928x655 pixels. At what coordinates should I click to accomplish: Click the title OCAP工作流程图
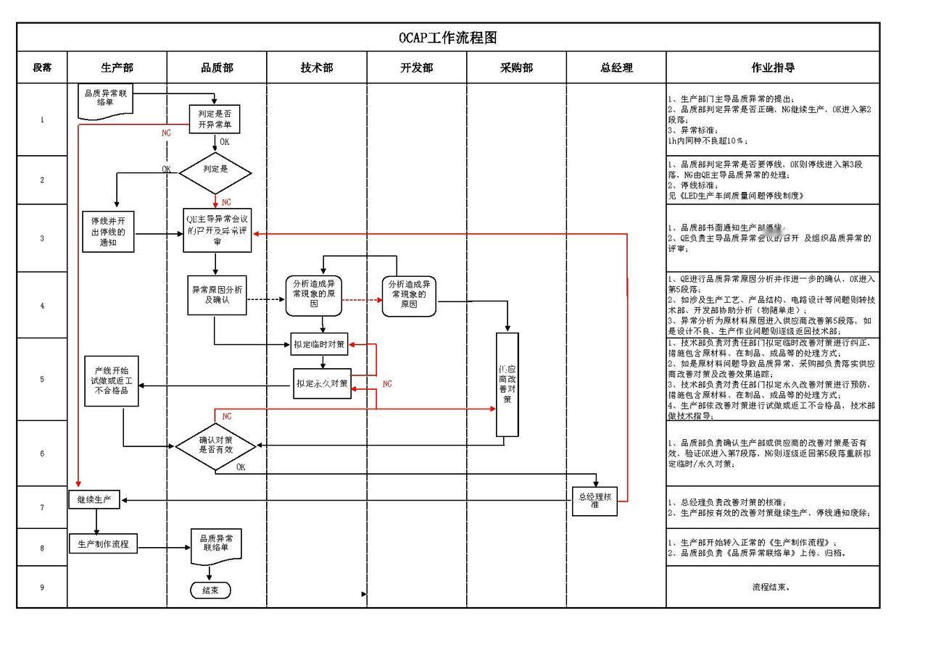[447, 38]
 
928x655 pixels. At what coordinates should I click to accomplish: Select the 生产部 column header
[117, 67]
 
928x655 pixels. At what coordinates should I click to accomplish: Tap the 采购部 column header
[516, 67]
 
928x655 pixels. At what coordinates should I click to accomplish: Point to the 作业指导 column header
[773, 67]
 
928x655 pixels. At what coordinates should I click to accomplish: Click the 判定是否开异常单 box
[215, 120]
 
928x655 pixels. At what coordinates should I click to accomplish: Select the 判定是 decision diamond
[215, 173]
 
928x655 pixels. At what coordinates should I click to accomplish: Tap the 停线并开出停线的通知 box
[108, 232]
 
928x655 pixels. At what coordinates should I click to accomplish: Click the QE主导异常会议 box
[217, 230]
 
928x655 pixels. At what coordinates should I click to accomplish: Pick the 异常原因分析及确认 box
[217, 295]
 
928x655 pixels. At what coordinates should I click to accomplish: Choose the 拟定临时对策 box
[320, 345]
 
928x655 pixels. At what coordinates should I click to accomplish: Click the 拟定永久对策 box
[322, 383]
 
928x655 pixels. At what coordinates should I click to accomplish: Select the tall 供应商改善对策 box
[507, 384]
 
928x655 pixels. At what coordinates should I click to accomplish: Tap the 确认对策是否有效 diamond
[215, 445]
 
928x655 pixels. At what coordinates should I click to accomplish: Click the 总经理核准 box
[594, 501]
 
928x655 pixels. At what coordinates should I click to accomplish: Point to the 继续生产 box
[96, 500]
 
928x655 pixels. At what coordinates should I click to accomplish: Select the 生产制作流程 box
[103, 543]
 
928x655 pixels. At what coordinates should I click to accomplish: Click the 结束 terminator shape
[210, 591]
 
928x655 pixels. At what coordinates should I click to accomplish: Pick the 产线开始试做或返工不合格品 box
[111, 380]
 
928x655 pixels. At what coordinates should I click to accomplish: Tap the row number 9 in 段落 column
[42, 588]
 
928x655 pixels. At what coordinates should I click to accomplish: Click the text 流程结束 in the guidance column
[771, 587]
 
